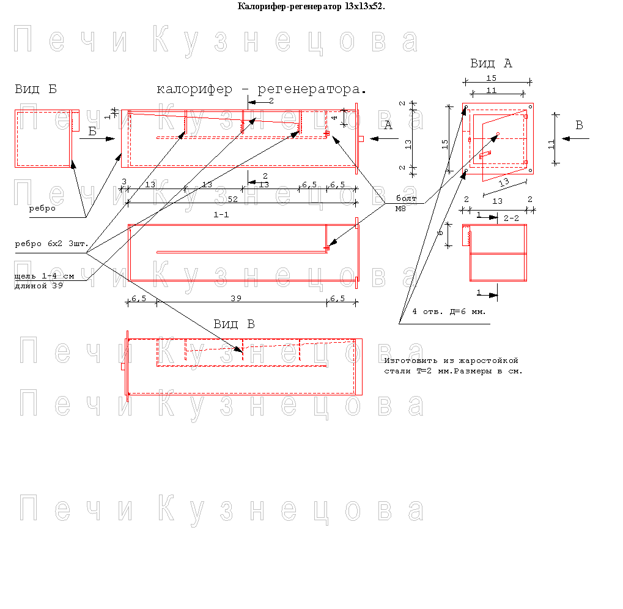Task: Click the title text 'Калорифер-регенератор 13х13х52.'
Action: point(311,6)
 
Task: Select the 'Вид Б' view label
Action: point(35,89)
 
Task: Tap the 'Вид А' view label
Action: point(491,63)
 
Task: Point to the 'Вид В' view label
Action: point(234,324)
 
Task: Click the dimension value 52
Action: point(233,199)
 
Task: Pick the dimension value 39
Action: point(236,298)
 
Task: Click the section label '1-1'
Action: point(221,215)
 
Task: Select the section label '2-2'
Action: point(511,218)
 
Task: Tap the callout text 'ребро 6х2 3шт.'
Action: point(51,244)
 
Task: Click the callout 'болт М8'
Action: point(406,203)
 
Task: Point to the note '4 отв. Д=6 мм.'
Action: point(449,312)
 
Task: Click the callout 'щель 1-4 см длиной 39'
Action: point(45,281)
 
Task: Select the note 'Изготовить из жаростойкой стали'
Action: point(454,365)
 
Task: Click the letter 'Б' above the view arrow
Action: point(92,131)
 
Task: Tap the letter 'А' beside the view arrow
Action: point(388,125)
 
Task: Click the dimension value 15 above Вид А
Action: point(492,78)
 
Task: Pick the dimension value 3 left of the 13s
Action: point(124,181)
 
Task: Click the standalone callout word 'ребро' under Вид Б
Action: point(42,209)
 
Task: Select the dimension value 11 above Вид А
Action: point(492,91)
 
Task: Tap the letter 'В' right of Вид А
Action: point(580,125)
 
